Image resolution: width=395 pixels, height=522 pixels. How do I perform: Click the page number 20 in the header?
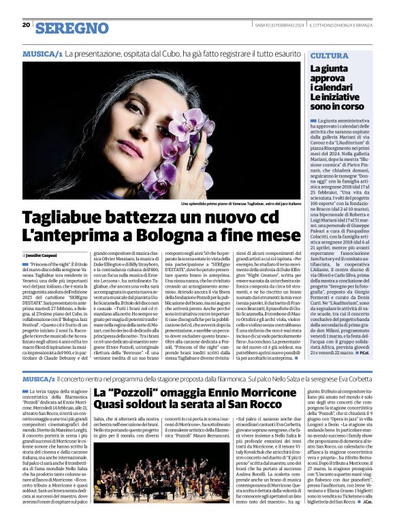pyautogui.click(x=26, y=25)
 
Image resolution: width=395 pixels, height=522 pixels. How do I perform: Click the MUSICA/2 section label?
pyautogui.click(x=44, y=378)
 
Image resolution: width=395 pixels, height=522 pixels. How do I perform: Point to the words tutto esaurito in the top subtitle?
pyautogui.click(x=280, y=53)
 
